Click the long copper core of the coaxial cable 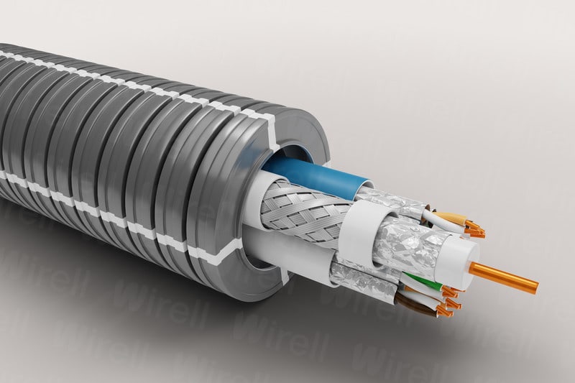[x=503, y=277]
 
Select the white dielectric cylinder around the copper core [x=460, y=256]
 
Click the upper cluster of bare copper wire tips [x=474, y=231]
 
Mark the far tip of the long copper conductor [x=535, y=287]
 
